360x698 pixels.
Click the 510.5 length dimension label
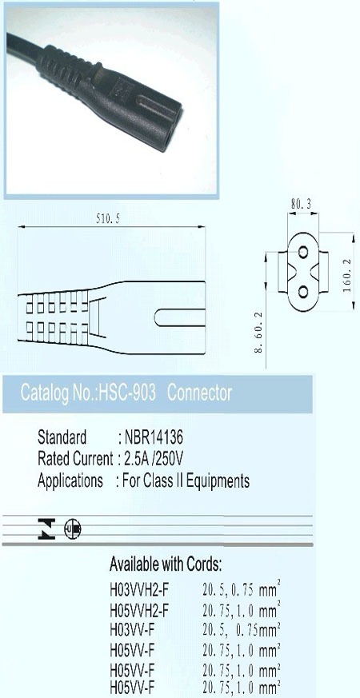(108, 218)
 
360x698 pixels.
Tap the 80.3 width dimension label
(301, 205)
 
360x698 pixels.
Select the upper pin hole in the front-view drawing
(303, 253)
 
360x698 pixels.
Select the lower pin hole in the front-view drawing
(303, 292)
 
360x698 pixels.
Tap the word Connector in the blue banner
(200, 393)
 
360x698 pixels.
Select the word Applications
(70, 481)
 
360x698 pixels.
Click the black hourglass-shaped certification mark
(46, 528)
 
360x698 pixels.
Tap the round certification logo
(73, 528)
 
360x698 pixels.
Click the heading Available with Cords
(166, 564)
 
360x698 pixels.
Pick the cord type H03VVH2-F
(139, 590)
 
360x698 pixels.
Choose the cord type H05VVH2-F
(139, 609)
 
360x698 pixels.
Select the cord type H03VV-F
(132, 630)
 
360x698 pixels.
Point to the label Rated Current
(75, 459)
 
